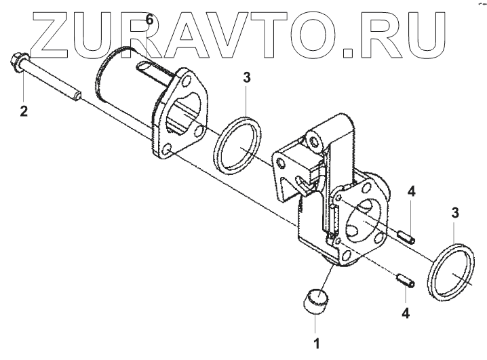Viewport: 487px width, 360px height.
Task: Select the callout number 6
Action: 150,22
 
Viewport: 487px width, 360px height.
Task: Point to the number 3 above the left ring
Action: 247,77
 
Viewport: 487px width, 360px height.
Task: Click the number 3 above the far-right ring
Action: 455,213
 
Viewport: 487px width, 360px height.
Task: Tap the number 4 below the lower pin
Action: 406,313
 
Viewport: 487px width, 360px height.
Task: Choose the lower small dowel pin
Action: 402,279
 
